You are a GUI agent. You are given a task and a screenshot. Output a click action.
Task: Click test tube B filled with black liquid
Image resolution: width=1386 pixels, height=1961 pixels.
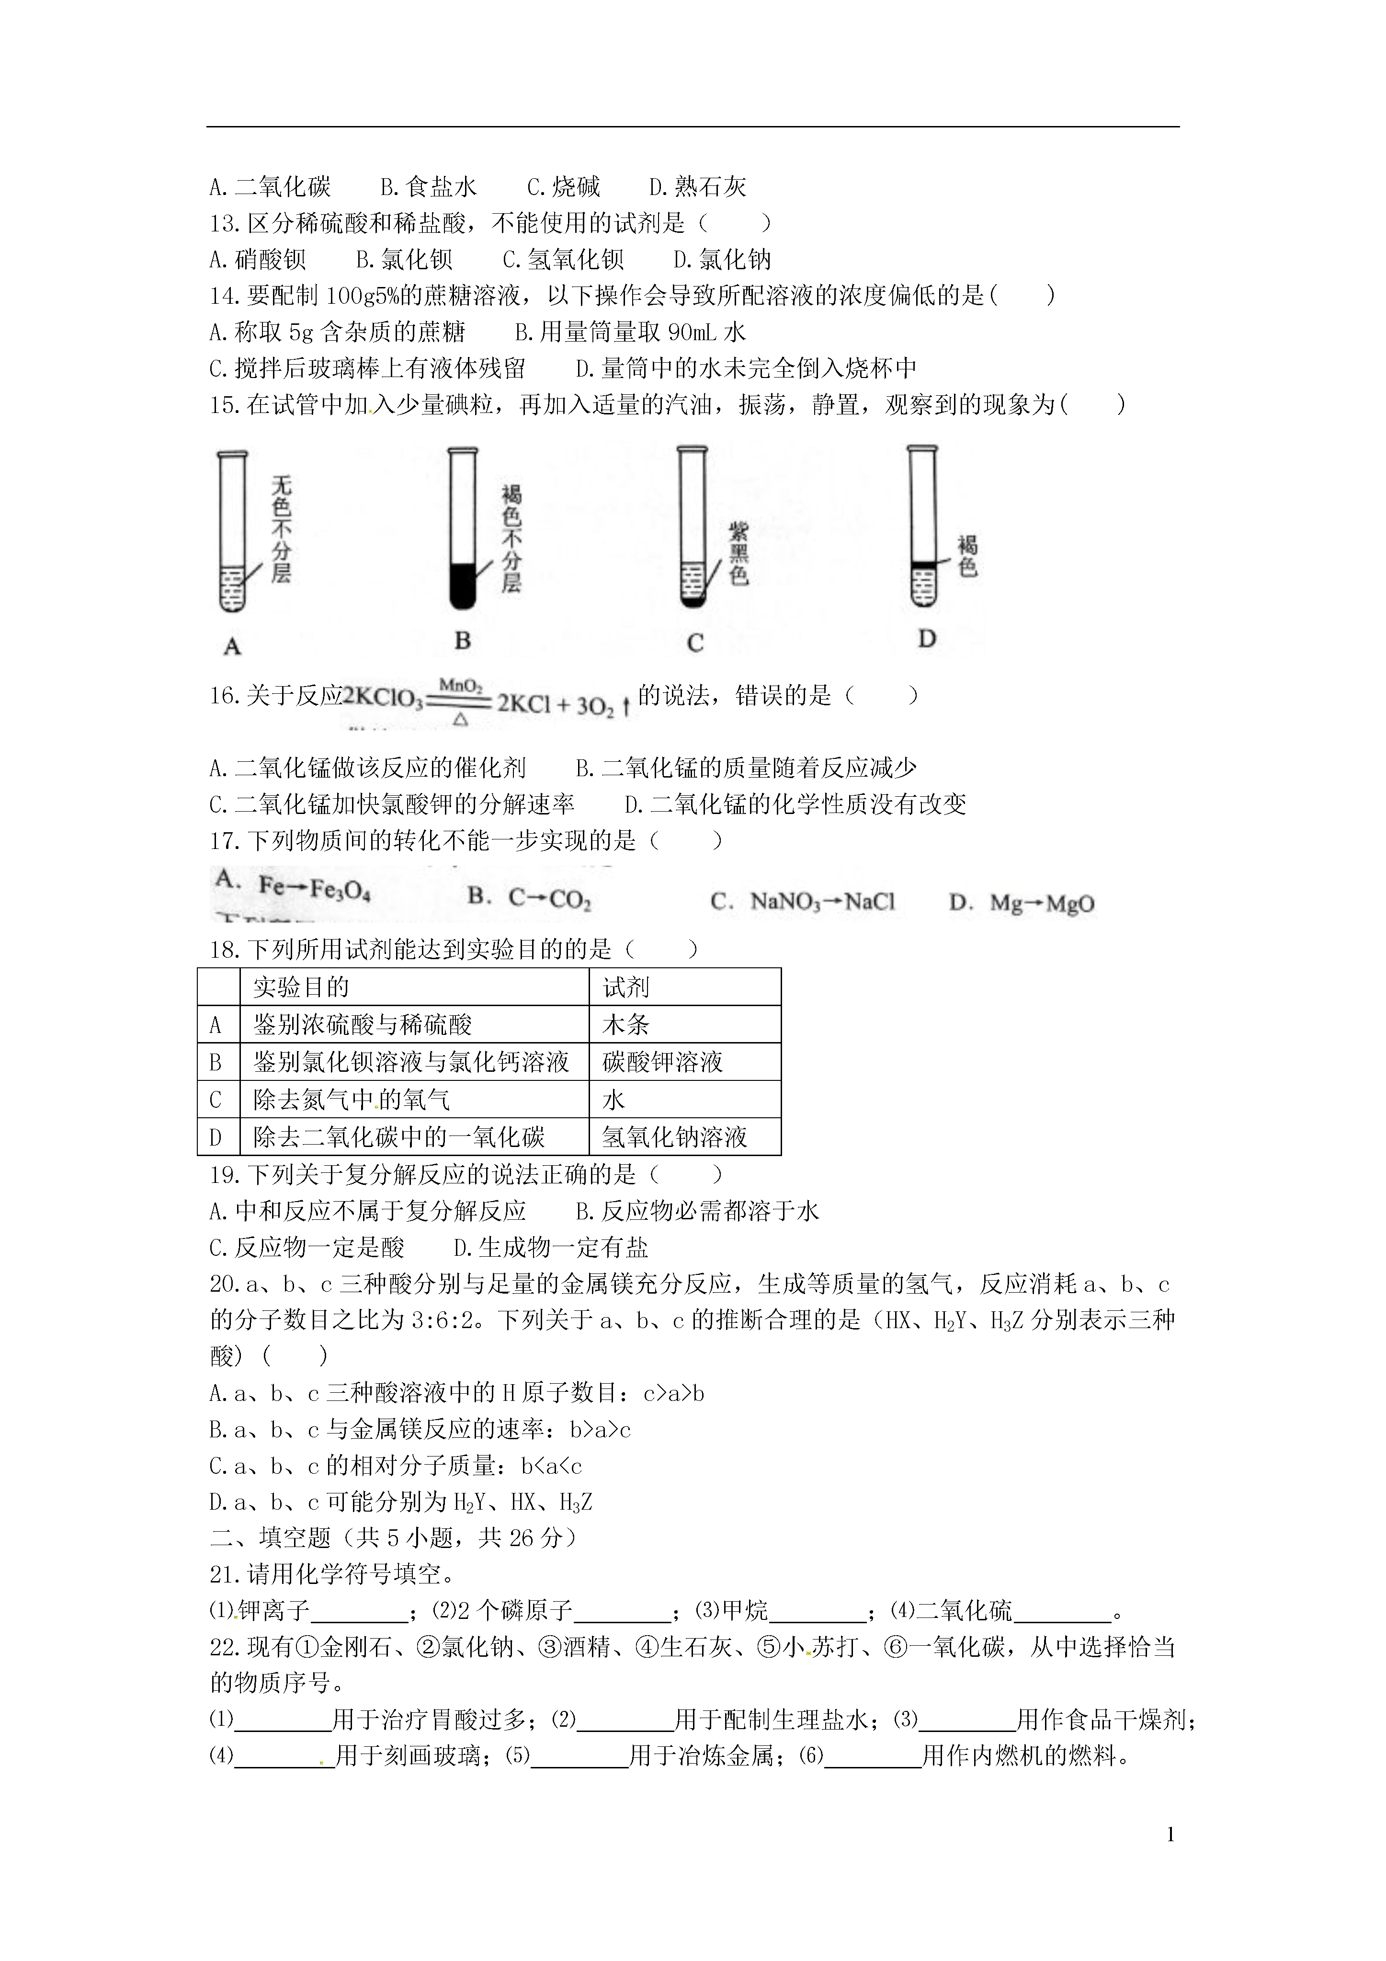pos(462,529)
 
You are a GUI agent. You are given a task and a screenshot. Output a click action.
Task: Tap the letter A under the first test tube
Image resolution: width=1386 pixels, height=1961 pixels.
pos(231,646)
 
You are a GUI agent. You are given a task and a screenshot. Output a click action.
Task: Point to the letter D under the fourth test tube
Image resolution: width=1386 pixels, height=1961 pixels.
pos(927,638)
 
